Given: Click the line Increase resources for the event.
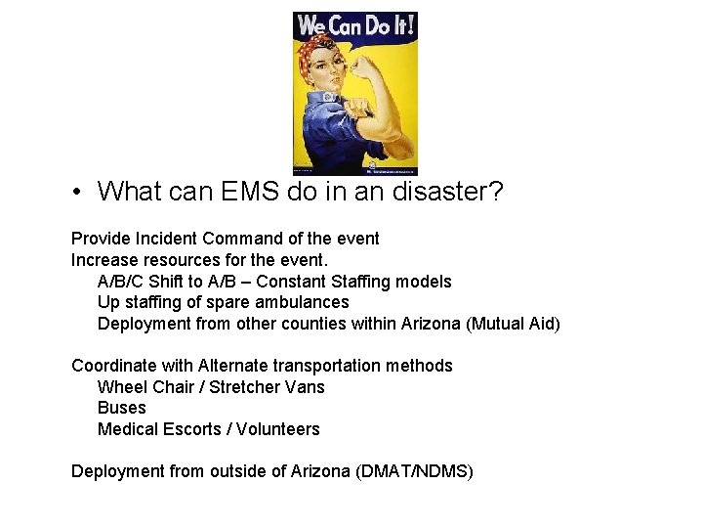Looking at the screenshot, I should click(200, 260).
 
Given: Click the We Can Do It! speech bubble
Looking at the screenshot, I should click(354, 25).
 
